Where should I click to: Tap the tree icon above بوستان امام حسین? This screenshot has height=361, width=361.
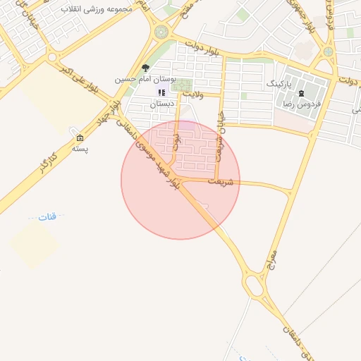coord(145,68)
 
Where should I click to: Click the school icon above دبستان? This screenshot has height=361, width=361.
coord(161,92)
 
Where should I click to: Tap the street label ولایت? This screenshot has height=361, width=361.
coord(192,92)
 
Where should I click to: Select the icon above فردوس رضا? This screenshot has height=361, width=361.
coord(302,93)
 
